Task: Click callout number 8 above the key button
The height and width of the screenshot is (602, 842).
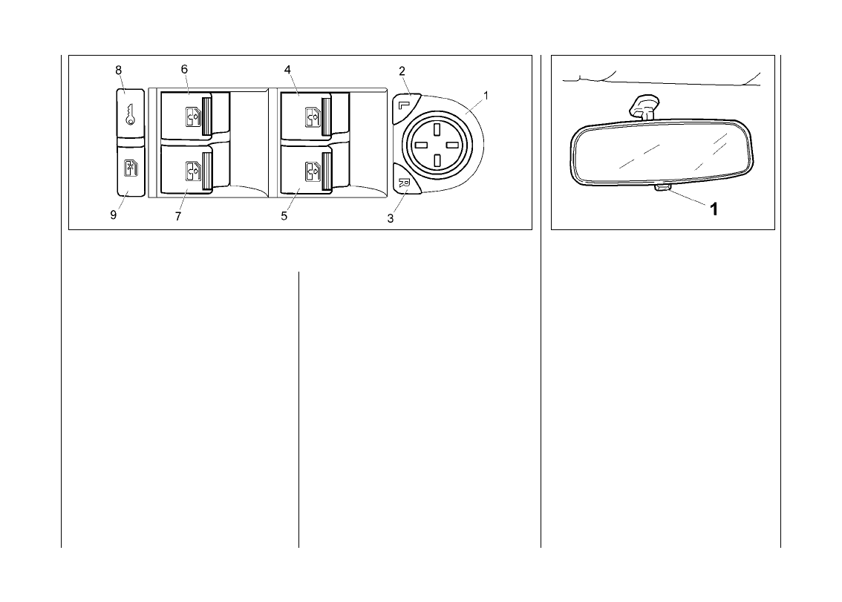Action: [118, 70]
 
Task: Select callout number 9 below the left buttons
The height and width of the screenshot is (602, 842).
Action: [114, 215]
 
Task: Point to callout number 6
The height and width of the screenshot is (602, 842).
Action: [184, 69]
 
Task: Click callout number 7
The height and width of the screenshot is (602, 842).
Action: [178, 216]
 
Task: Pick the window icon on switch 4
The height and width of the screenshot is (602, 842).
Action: [311, 117]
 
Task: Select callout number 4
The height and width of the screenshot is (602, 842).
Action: [287, 69]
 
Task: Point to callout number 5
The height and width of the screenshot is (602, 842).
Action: [284, 216]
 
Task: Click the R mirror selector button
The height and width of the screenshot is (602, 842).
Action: [405, 183]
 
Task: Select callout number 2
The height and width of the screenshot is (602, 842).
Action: [402, 71]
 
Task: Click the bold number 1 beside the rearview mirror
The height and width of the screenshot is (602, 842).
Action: [714, 209]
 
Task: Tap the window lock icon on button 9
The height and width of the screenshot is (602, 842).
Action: [131, 168]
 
